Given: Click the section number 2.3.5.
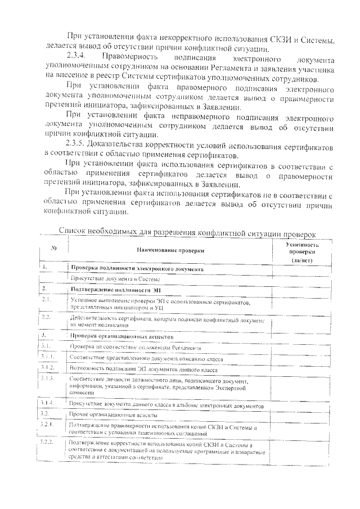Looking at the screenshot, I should click(77, 145).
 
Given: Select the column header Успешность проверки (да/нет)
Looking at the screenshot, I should click(302, 253).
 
